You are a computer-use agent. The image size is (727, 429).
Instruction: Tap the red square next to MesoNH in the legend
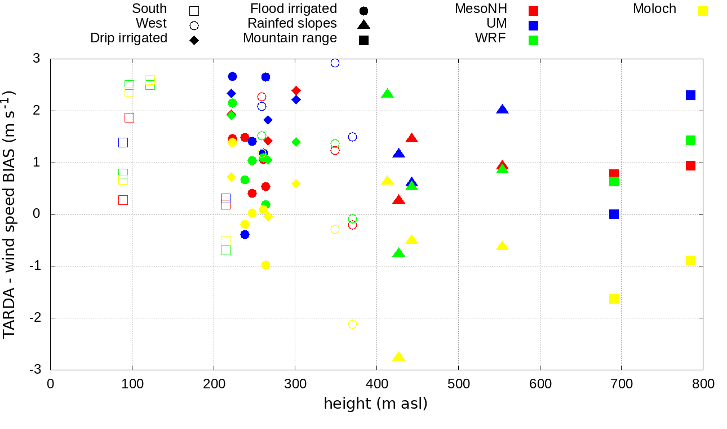(x=533, y=11)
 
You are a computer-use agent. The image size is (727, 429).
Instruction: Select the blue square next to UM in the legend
(x=533, y=25)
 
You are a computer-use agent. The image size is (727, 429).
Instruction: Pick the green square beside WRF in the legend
(x=533, y=40)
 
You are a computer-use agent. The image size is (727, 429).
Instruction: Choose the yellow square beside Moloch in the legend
(x=703, y=11)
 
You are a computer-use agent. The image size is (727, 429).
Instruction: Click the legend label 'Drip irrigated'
(x=128, y=38)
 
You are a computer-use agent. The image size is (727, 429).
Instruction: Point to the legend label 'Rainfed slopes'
(x=292, y=24)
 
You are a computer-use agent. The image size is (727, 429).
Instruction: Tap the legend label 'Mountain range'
(x=290, y=38)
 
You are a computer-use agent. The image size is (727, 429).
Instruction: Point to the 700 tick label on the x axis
(x=622, y=384)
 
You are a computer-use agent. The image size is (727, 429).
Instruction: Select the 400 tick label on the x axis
(x=376, y=384)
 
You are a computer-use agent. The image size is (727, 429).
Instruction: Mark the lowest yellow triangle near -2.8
(x=398, y=357)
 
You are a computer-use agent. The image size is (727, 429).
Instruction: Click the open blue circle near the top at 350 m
(x=335, y=63)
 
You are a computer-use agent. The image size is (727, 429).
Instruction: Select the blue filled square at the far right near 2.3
(x=690, y=95)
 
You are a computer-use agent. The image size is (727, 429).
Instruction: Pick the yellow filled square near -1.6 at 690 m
(x=614, y=299)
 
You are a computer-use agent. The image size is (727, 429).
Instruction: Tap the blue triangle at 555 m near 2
(x=502, y=110)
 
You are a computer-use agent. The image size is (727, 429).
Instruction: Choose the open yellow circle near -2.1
(x=352, y=324)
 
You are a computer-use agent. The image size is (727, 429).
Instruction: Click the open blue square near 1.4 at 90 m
(x=123, y=142)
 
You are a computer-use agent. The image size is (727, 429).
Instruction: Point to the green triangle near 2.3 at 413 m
(x=387, y=94)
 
